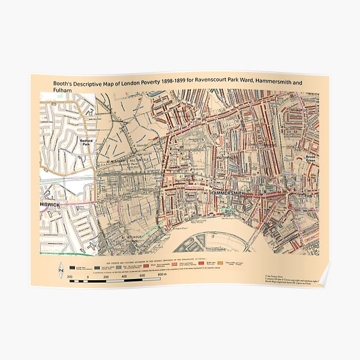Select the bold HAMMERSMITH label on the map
(230, 194)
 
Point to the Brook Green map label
(309, 158)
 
